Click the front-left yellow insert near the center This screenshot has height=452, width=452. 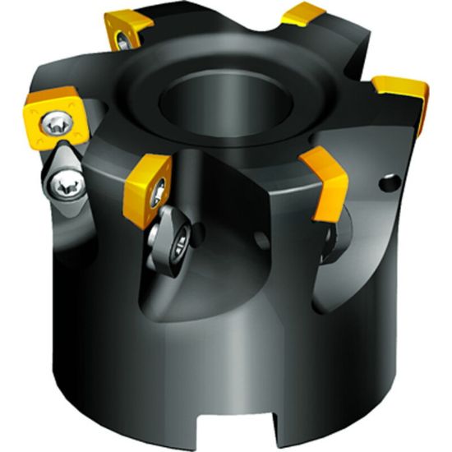point(146,187)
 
